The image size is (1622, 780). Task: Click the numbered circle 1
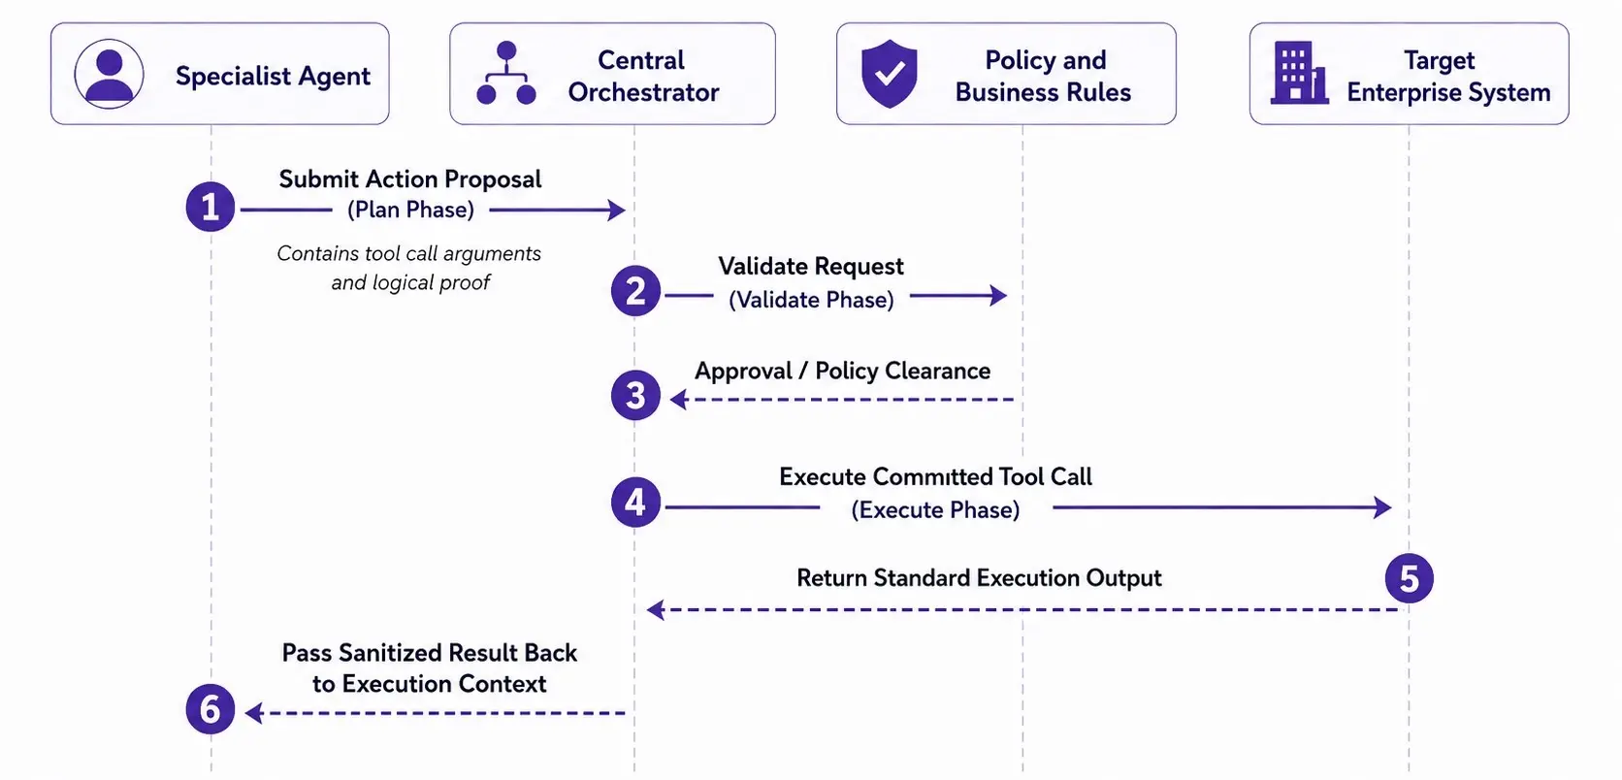210,208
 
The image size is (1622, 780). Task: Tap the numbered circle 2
635,291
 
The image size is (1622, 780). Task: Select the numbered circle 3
635,396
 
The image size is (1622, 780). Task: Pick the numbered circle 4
635,502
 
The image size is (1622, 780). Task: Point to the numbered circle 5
1409,578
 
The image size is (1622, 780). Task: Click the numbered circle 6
210,709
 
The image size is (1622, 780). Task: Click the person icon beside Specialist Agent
109,74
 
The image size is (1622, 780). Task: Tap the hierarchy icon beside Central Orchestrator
506,73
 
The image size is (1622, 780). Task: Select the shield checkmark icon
890,74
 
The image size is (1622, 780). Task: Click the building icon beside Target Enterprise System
1300,73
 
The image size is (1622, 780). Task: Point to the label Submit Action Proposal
409,179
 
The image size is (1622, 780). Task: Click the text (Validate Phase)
811,300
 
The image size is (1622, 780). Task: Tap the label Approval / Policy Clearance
842,371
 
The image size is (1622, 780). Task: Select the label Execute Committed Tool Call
935,476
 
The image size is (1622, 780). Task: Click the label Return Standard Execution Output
979,578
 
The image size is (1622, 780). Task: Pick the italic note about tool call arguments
409,267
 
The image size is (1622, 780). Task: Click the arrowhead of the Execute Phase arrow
1382,507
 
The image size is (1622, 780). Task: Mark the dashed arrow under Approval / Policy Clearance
841,399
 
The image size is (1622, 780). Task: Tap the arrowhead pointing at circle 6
254,713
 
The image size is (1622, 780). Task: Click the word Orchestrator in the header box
643,93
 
